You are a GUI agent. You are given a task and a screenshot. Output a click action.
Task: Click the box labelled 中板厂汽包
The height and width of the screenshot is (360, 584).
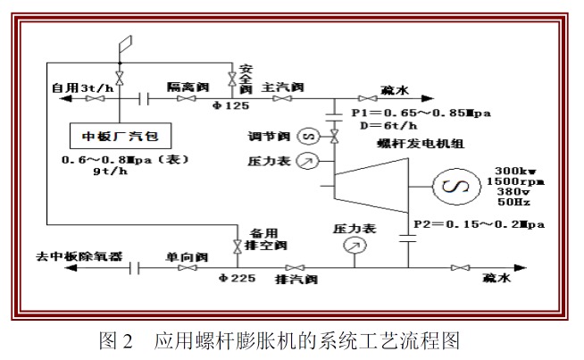[x=121, y=136]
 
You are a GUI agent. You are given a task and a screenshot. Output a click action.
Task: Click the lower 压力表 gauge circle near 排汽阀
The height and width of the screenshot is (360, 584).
[x=356, y=245]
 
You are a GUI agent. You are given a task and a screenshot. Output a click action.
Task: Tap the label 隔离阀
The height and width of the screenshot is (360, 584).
[x=187, y=88]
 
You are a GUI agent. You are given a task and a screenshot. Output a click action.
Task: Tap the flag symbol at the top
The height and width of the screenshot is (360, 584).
[x=123, y=43]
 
